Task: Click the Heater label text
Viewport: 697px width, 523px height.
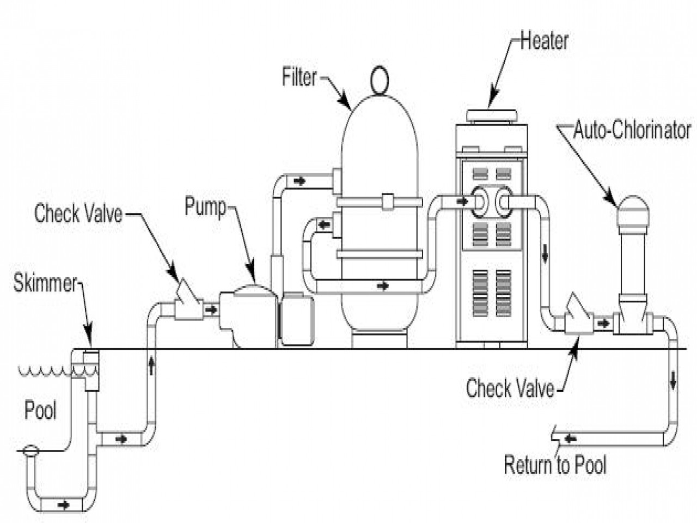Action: pos(545,41)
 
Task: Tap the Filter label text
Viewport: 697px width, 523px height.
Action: pos(299,77)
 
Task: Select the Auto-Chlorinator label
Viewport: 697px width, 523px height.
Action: pos(632,130)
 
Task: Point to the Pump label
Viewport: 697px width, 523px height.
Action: pos(205,206)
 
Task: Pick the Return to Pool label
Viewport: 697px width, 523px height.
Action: pos(555,465)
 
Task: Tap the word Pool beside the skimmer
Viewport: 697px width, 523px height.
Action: pos(41,410)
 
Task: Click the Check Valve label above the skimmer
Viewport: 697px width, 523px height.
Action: pos(78,214)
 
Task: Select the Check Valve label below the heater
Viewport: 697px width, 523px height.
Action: pos(510,388)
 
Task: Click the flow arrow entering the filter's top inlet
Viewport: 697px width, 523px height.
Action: pos(299,181)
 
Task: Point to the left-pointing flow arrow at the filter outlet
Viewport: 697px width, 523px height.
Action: pos(324,225)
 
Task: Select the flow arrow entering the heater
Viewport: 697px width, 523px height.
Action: pos(462,201)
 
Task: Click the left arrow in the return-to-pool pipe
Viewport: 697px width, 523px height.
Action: pos(571,439)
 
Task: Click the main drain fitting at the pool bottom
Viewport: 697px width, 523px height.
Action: pos(30,451)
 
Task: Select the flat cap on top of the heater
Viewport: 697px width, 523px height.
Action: pos(491,115)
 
